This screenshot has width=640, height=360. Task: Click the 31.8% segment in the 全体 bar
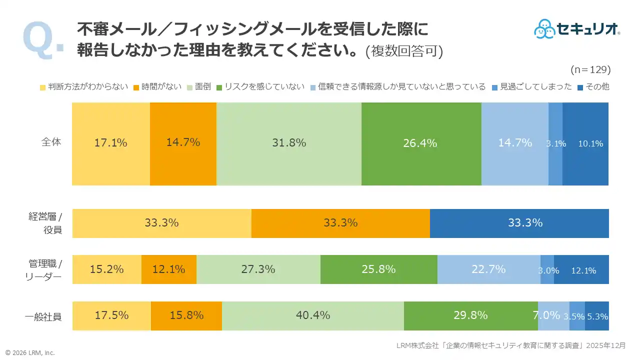click(x=289, y=143)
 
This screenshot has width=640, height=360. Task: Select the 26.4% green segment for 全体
click(x=421, y=143)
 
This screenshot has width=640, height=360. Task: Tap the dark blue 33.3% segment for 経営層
click(x=519, y=223)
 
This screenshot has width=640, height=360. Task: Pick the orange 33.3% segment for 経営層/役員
click(x=340, y=223)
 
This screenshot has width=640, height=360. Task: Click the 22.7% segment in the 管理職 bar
click(x=488, y=269)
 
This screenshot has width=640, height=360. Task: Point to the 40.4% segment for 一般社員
click(x=313, y=316)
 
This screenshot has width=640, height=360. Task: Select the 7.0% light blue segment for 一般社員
click(x=553, y=316)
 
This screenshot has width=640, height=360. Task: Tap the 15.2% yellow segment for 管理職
click(x=107, y=269)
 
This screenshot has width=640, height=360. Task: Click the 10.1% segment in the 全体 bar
click(x=585, y=143)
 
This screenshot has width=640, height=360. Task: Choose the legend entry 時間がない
click(x=157, y=86)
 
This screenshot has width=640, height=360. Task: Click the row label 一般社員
click(x=43, y=316)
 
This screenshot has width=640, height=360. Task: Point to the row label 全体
click(x=51, y=142)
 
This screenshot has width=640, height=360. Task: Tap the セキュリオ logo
click(x=577, y=29)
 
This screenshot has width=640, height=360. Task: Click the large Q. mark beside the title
click(x=42, y=40)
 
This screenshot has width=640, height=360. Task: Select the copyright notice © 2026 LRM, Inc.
click(x=30, y=352)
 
